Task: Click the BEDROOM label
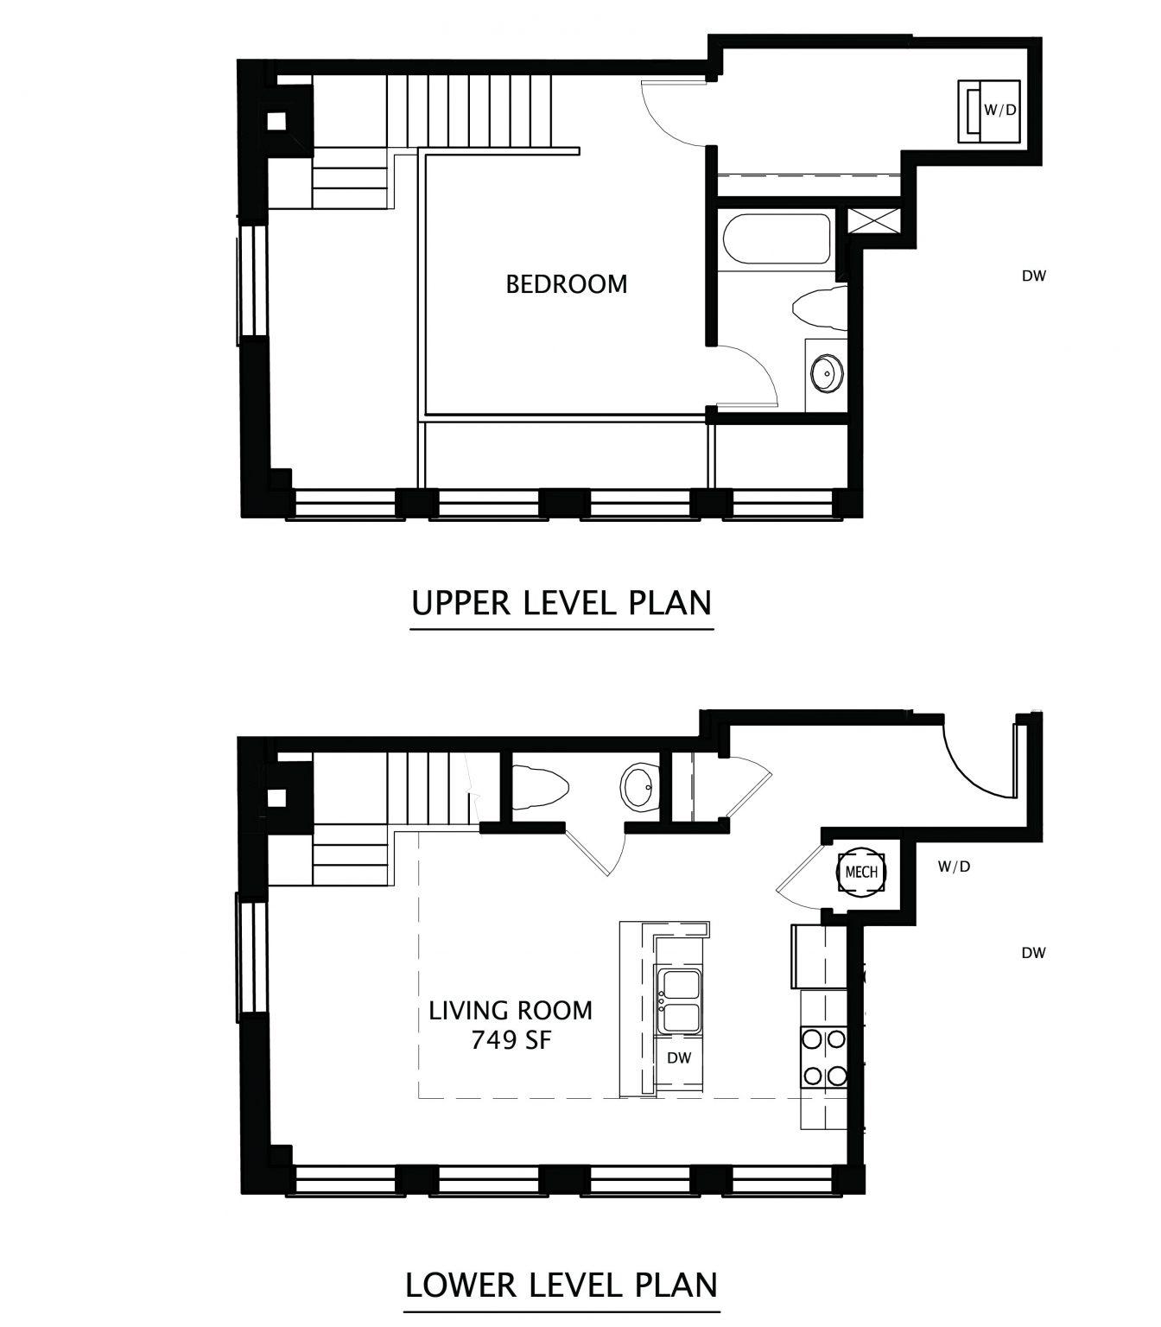pos(567,284)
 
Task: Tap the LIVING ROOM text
pos(511,1010)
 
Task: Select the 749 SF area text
pos(511,1040)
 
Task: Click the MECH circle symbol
pos(861,872)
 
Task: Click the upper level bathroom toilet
pos(819,308)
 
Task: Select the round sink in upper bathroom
pos(827,375)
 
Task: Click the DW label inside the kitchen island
pos(679,1057)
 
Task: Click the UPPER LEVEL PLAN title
pos(561,602)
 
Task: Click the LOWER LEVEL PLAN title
pos(561,1284)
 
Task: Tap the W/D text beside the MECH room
pos(954,867)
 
